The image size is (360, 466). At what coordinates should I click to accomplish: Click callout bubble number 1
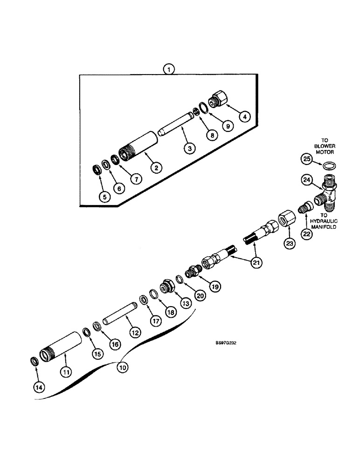click(169, 69)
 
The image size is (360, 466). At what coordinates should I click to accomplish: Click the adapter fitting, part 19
click(193, 271)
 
